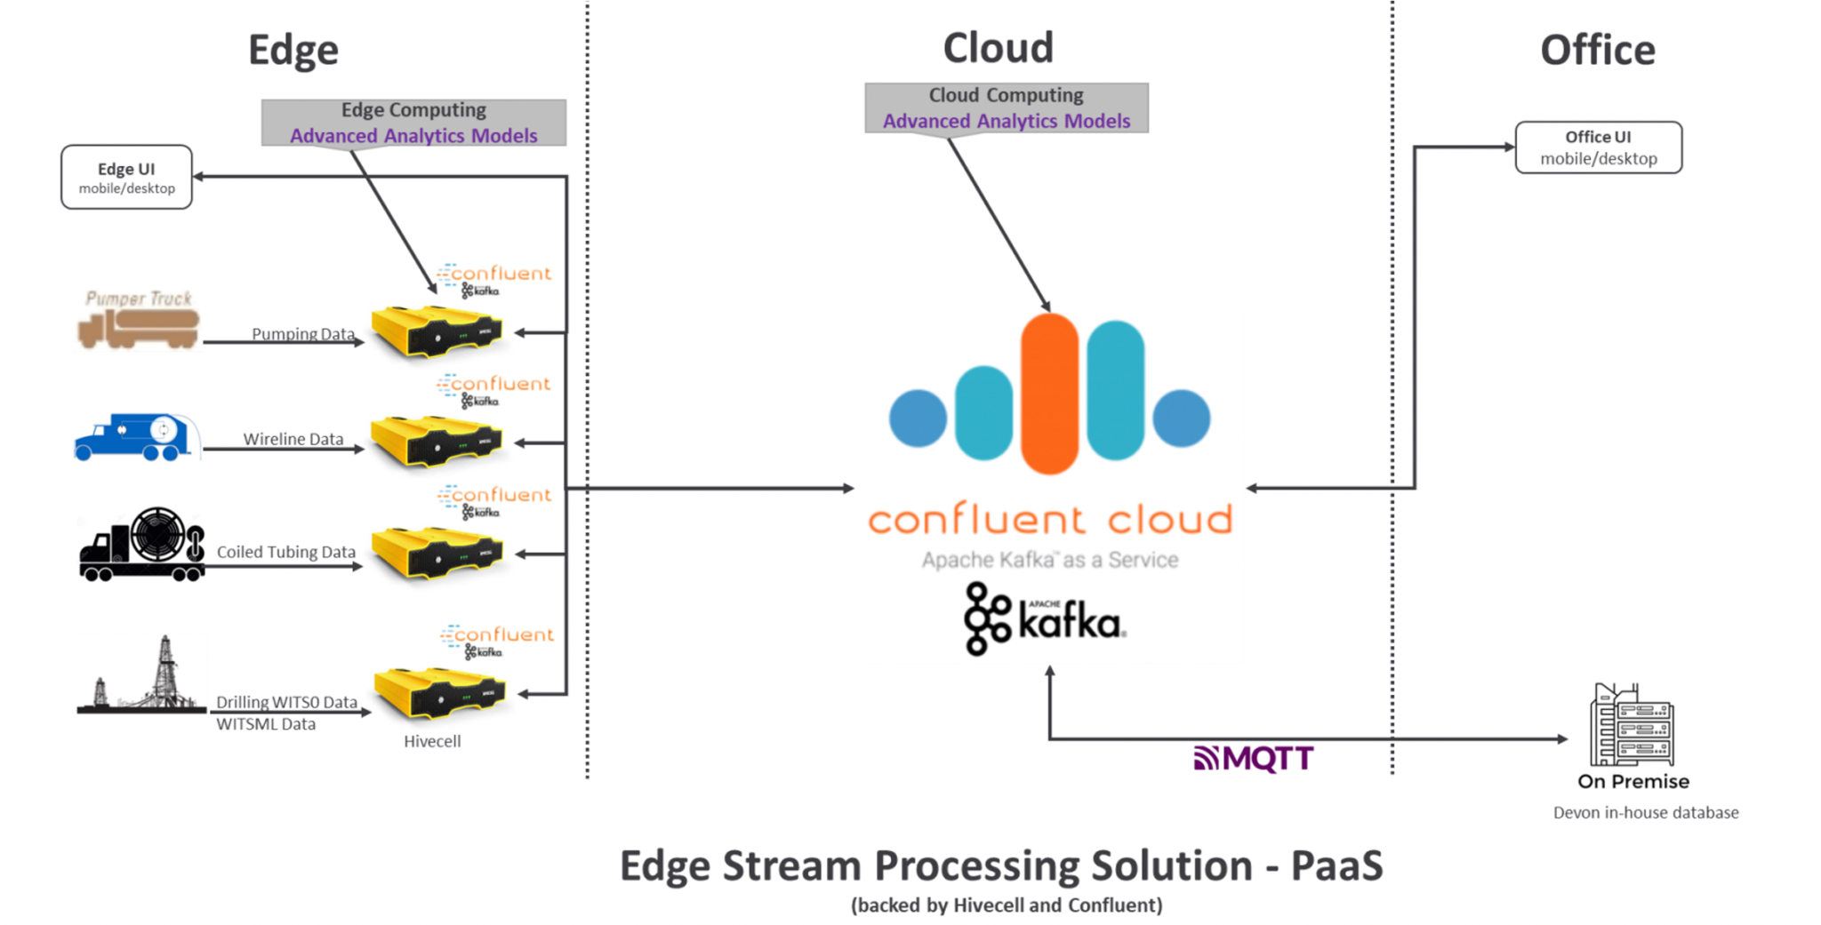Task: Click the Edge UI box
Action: coord(126,177)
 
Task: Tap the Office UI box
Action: coord(1598,148)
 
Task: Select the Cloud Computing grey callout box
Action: coord(1006,108)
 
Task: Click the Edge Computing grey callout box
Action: coord(413,123)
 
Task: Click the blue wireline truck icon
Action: coord(135,437)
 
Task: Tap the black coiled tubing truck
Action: coord(142,546)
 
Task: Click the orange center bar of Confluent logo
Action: coord(1049,393)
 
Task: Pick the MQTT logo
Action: coord(1253,758)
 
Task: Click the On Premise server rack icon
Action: coord(1632,725)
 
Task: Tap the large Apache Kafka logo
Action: coord(1045,619)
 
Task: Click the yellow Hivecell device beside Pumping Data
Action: coord(436,331)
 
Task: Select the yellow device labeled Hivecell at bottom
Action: coord(439,693)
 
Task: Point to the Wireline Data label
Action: coord(293,439)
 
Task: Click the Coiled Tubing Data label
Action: coord(285,552)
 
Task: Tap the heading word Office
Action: coord(1597,50)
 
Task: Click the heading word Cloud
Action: coord(998,48)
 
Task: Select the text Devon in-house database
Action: coord(1645,812)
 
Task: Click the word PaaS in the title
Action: coord(1336,865)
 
